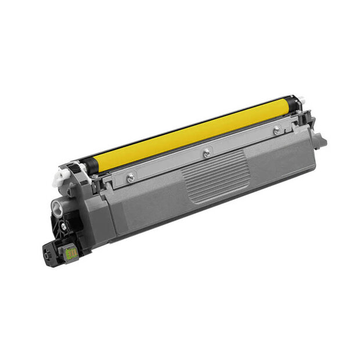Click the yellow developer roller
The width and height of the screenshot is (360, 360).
pyautogui.click(x=192, y=134)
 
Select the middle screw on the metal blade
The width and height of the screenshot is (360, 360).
pyautogui.click(x=206, y=153)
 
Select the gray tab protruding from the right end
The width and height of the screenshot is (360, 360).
pyautogui.click(x=318, y=140)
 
